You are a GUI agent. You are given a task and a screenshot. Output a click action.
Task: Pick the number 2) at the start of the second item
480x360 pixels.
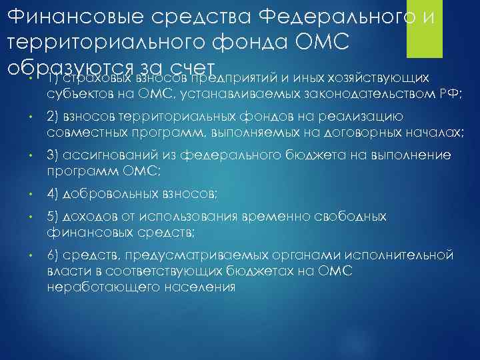[54, 117]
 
